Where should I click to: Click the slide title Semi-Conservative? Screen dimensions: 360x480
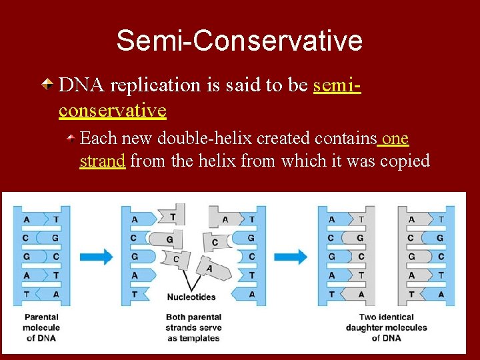pos(239,41)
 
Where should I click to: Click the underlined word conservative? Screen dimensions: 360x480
pos(112,109)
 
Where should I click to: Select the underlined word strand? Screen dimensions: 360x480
pos(103,161)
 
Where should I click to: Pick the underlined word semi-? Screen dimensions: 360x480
pos(337,85)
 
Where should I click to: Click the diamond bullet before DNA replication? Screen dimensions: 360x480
pos(48,85)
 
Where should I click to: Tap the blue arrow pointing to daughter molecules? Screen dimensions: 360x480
pos(291,257)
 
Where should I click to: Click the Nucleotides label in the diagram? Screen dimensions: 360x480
pos(191,297)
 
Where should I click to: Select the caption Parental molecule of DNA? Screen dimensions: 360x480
pos(41,327)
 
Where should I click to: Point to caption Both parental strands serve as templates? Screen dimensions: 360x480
pos(193,327)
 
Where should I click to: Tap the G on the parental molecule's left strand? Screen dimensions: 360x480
pos(25,257)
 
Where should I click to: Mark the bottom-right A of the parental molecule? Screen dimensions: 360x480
pos(56,294)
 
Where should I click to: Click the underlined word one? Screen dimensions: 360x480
pos(395,138)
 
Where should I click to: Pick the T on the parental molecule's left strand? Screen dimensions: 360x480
pos(25,294)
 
